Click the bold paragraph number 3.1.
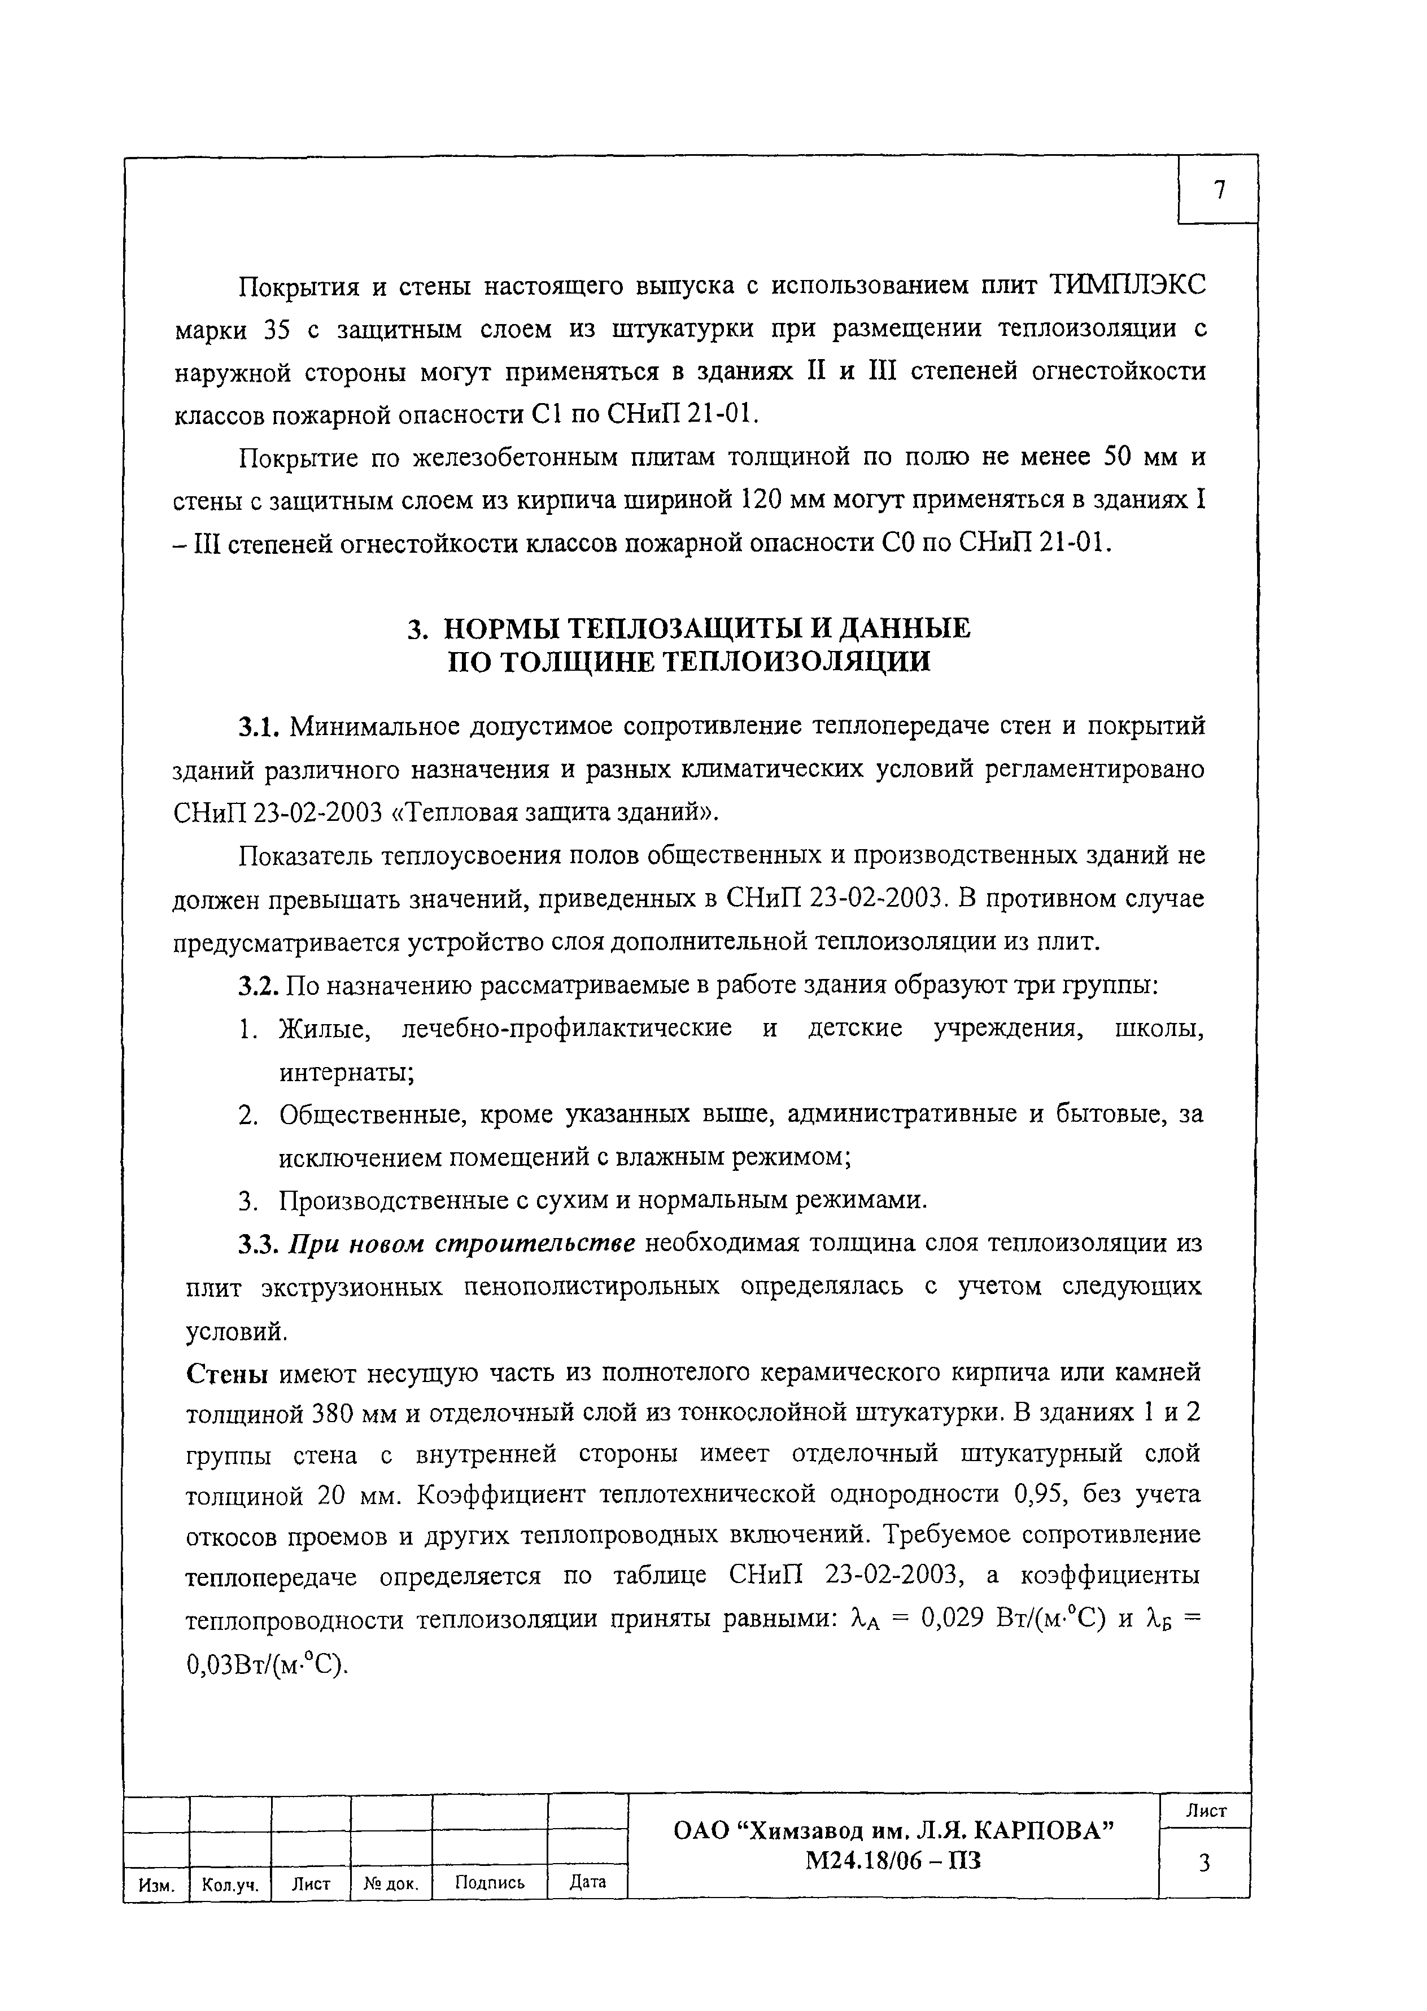258,727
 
